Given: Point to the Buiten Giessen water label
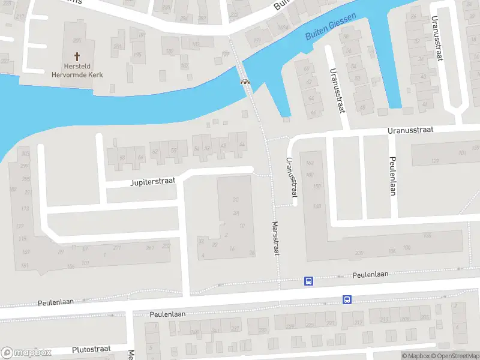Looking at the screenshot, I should click(331, 26).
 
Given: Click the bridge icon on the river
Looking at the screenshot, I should click(245, 82).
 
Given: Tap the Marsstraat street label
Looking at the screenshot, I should click(276, 239).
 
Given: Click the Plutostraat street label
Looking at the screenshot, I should click(92, 349).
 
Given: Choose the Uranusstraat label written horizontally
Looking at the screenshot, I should click(410, 130).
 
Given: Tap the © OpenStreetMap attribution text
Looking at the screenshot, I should click(454, 356).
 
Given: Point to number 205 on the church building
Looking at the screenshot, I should click(77, 40).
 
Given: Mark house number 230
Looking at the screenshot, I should click(359, 253).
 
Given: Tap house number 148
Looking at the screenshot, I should click(317, 207).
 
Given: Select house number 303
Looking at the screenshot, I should click(25, 154).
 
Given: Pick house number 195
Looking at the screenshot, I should click(137, 55).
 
